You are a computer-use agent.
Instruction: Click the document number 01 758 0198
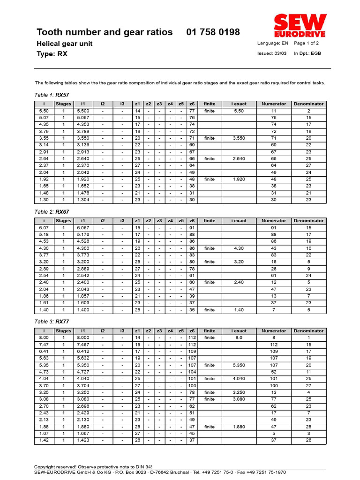tap(213, 32)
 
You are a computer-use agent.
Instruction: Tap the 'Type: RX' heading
tap(52, 54)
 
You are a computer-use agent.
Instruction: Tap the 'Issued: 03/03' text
tap(272, 53)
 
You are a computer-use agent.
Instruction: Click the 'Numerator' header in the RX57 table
tap(274, 104)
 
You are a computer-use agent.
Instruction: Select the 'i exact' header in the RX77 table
tap(239, 331)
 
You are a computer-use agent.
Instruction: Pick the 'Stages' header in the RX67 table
tap(64, 221)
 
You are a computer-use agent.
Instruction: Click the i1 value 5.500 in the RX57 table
tap(83, 111)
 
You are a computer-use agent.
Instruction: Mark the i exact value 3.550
tap(239, 138)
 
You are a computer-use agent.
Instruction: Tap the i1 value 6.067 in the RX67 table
tap(83, 228)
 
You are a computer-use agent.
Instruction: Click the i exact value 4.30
tap(239, 248)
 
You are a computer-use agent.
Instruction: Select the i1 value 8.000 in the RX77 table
tap(83, 338)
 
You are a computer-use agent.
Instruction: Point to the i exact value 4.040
tap(239, 379)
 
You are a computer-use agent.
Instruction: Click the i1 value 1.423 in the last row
tap(83, 440)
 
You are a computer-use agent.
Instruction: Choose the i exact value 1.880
tap(239, 427)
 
